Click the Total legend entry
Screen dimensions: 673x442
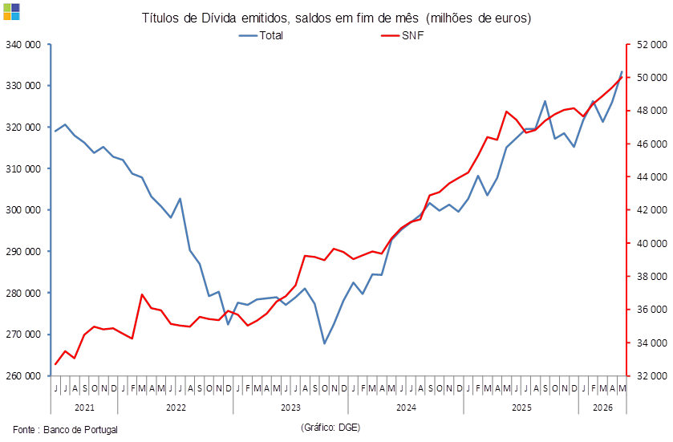(x=261, y=35)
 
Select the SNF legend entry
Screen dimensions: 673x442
(x=403, y=35)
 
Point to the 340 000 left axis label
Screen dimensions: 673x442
(x=23, y=45)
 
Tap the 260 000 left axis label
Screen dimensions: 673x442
(x=23, y=376)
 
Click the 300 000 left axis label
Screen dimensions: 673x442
(x=23, y=210)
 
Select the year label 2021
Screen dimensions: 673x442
(x=84, y=408)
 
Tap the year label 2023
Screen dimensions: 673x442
(x=290, y=408)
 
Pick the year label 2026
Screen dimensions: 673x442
(x=602, y=408)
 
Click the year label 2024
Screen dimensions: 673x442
(x=406, y=408)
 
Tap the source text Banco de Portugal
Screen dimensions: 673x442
(x=80, y=429)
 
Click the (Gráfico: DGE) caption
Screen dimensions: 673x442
(x=330, y=428)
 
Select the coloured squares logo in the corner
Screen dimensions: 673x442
(x=11, y=11)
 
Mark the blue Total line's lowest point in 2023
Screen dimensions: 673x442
(x=325, y=343)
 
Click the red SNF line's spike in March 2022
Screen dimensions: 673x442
(x=142, y=295)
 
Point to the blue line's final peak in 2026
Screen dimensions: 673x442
(x=622, y=71)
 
